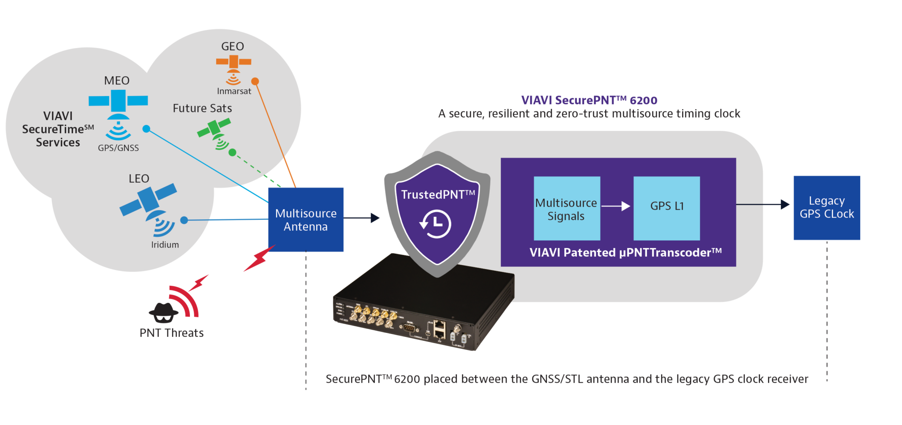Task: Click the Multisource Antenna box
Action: (306, 220)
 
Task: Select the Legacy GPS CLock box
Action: (827, 207)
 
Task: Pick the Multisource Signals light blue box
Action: (567, 208)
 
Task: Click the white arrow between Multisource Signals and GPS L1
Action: (616, 206)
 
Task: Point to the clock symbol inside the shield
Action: (436, 224)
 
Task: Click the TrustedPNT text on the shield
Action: (437, 194)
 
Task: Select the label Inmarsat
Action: (234, 91)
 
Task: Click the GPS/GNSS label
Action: (118, 148)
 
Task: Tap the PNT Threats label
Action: (171, 333)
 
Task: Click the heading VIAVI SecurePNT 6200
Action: (589, 100)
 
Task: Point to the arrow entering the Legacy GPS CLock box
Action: (784, 204)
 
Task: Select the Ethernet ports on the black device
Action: (440, 329)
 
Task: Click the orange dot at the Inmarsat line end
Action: (255, 81)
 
